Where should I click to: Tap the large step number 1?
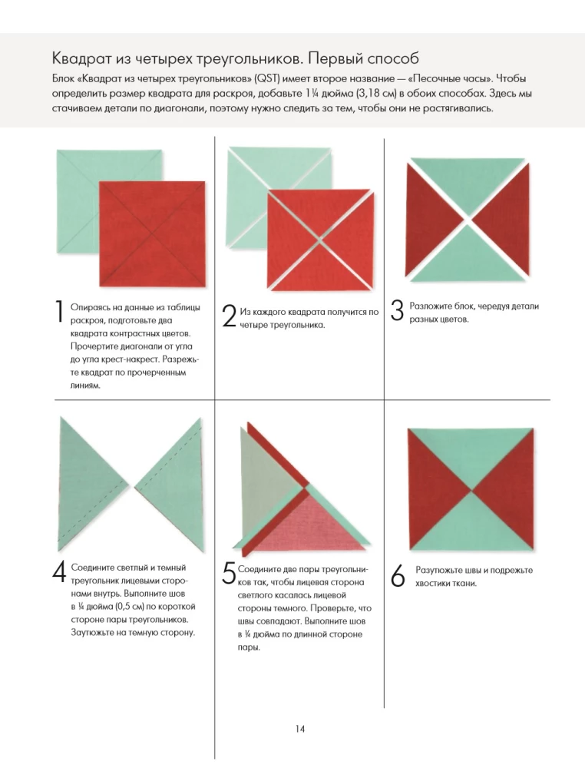[x=59, y=313]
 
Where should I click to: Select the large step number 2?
[x=228, y=316]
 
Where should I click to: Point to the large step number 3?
[x=397, y=312]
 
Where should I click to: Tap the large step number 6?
[x=397, y=578]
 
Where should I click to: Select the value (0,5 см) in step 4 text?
[x=127, y=606]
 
